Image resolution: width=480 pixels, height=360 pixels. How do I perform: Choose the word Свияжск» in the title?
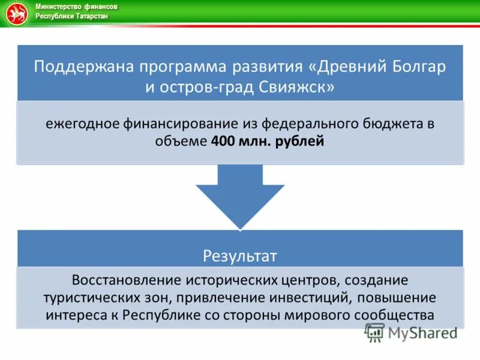(298, 87)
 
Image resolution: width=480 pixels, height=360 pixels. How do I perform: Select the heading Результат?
(239, 256)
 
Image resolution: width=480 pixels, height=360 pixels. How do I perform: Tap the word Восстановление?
(127, 280)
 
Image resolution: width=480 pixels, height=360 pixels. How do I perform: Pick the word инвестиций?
(314, 298)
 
